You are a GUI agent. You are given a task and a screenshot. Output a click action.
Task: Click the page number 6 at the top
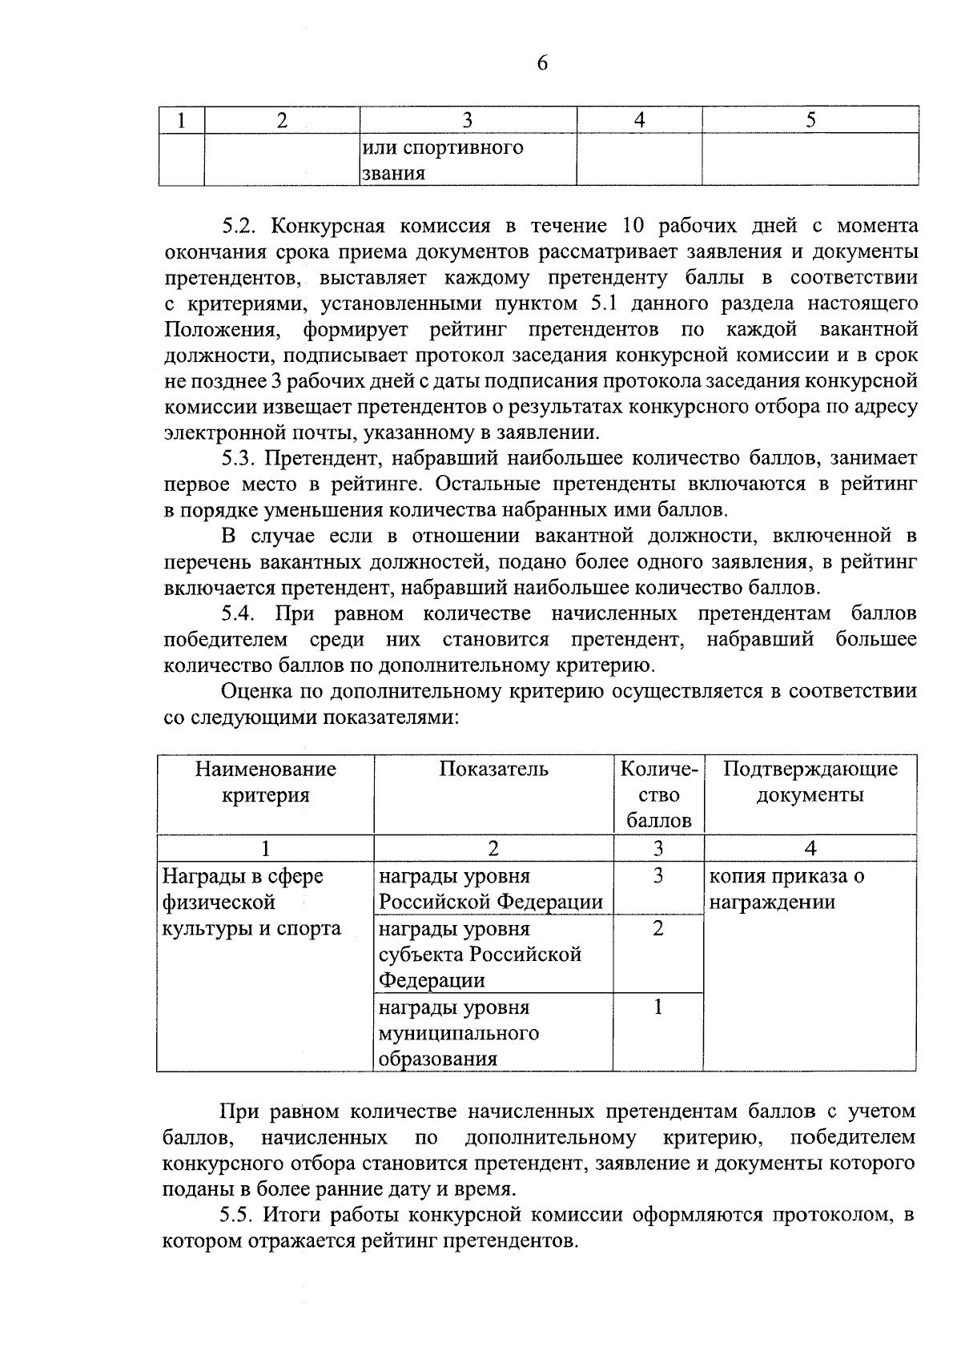(542, 64)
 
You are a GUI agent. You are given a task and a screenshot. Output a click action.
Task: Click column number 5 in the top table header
(810, 120)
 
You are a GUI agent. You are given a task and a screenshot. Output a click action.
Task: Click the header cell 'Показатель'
(493, 770)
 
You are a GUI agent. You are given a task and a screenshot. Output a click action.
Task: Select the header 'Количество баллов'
(658, 794)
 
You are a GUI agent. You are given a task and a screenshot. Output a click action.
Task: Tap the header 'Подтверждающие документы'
(810, 782)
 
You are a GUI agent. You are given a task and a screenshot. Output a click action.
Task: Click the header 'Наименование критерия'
(265, 782)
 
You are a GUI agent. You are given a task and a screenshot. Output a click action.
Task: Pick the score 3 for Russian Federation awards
(658, 876)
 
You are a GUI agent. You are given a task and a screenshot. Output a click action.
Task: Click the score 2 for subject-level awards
(658, 929)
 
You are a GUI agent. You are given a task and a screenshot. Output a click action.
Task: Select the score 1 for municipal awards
(658, 1007)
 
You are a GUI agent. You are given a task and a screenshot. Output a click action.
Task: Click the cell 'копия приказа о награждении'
(786, 889)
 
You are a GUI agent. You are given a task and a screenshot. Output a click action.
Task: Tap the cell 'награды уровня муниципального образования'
(458, 1033)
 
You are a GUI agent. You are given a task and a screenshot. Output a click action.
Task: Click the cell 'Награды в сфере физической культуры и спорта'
(251, 903)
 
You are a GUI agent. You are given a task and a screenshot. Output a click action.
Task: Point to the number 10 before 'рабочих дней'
(627, 227)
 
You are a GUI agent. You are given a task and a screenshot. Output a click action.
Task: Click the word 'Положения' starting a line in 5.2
(222, 330)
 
